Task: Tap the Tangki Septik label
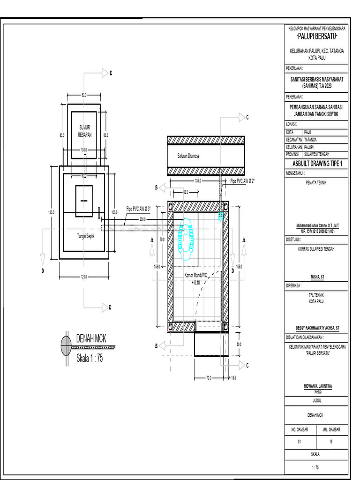tap(86, 237)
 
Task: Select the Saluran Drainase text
tap(188, 157)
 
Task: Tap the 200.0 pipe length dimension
tap(142, 219)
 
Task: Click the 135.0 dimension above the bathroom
tap(197, 180)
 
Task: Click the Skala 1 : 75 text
tap(90, 359)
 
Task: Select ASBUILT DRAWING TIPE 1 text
tap(317, 164)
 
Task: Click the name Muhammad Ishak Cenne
tap(316, 226)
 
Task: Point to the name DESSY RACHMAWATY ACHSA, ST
tap(316, 328)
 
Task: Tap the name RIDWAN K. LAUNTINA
tap(316, 386)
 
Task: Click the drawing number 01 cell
tap(300, 441)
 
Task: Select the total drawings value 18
tap(332, 441)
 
